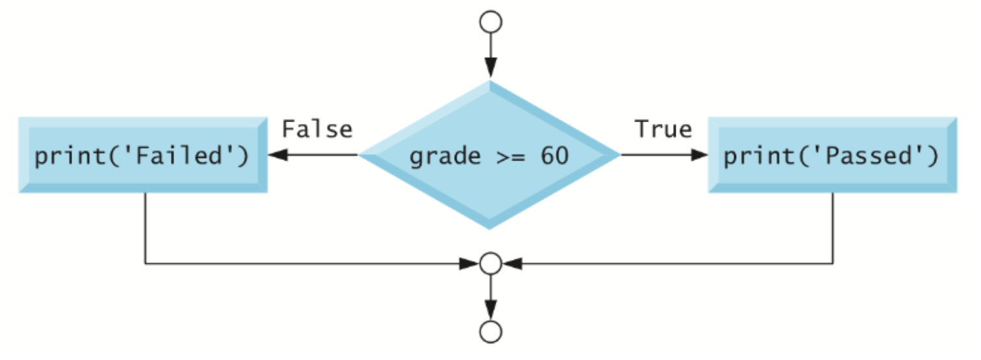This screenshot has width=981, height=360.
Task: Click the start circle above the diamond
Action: [x=490, y=22]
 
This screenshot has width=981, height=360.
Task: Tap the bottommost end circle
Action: [x=490, y=332]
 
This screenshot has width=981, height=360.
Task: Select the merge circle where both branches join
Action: [x=490, y=264]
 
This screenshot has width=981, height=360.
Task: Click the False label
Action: [x=317, y=129]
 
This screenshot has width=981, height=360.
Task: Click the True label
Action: [x=663, y=129]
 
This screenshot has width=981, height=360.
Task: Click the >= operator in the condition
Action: [x=507, y=157]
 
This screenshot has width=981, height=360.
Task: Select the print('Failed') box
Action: [x=142, y=155]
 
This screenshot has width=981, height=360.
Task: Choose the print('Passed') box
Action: [x=832, y=155]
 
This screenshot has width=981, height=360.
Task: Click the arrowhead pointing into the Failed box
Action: [x=276, y=155]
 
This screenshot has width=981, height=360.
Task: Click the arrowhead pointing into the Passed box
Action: [x=699, y=155]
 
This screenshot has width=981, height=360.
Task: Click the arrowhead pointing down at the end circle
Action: [x=490, y=309]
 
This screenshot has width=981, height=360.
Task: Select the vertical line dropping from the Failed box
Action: [x=145, y=227]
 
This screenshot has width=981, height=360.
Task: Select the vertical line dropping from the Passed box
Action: [x=833, y=227]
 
